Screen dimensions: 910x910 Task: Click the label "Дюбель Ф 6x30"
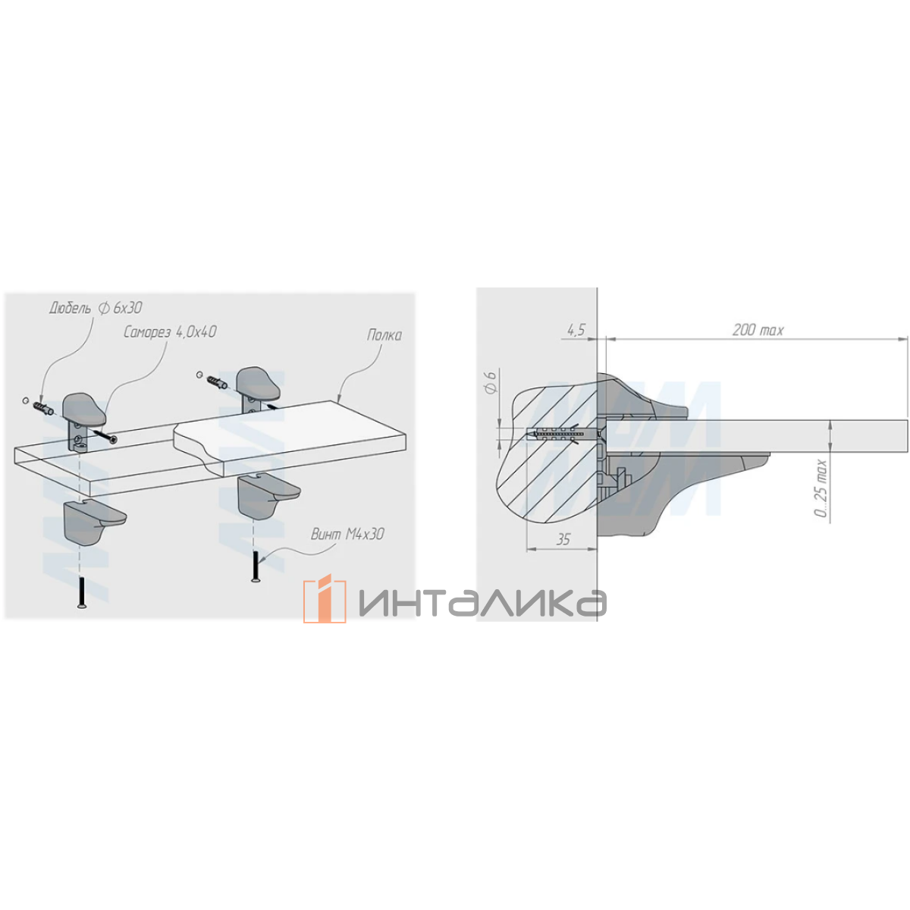(x=96, y=309)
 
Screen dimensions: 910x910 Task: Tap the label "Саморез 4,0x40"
(x=170, y=332)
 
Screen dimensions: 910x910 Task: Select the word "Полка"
(x=384, y=335)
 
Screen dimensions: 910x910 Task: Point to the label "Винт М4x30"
(x=347, y=534)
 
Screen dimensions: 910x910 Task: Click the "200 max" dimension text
(x=758, y=330)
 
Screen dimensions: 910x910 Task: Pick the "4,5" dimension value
(x=575, y=330)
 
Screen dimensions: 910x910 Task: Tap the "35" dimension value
(x=563, y=539)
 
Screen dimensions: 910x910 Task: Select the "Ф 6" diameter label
(x=491, y=382)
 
